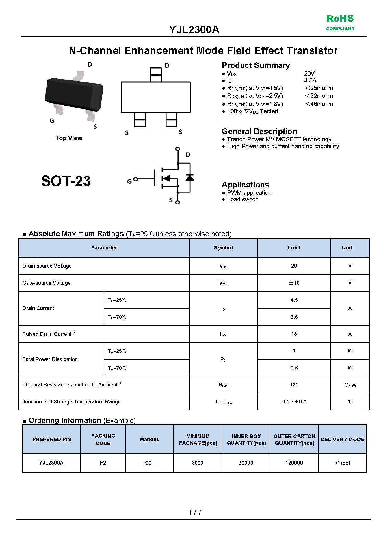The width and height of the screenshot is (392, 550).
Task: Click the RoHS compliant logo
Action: [x=340, y=22]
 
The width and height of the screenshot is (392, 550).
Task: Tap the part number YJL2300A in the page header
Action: [x=194, y=30]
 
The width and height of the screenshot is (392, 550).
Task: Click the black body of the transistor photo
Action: [x=74, y=93]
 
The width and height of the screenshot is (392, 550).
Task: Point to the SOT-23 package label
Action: [x=66, y=181]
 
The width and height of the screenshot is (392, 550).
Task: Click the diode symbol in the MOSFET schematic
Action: [x=190, y=177]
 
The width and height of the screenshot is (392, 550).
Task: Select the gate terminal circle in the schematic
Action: [x=136, y=179]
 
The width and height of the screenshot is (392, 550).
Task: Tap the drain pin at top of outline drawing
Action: [x=155, y=74]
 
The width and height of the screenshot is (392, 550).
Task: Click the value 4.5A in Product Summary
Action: [x=310, y=80]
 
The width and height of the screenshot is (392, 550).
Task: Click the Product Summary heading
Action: [x=256, y=65]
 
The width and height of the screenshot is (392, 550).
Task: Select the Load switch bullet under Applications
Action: [x=242, y=199]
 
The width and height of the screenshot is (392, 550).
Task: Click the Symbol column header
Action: [x=223, y=248]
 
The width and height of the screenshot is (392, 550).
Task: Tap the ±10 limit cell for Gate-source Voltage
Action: [x=294, y=283]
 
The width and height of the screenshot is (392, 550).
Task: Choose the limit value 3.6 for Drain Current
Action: [x=294, y=317]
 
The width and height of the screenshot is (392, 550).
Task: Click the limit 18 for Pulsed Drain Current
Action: [x=294, y=334]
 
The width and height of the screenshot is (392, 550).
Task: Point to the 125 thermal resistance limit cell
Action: [x=294, y=385]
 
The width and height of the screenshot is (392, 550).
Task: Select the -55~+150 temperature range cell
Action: [x=294, y=402]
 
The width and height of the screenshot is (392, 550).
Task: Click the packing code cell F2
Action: [x=103, y=463]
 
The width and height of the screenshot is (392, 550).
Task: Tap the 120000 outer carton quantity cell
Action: [x=294, y=463]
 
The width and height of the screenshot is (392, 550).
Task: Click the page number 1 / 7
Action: [x=195, y=512]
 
